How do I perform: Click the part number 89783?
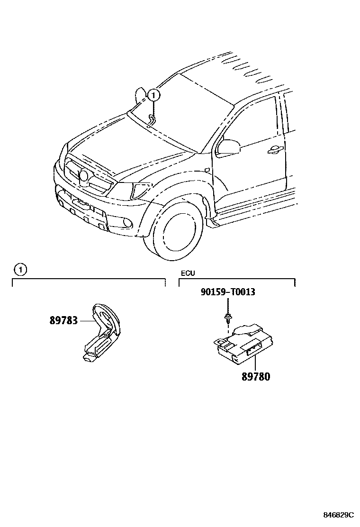pyautogui.click(x=63, y=321)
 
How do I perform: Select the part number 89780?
pyautogui.click(x=256, y=377)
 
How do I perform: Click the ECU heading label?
pyautogui.click(x=188, y=273)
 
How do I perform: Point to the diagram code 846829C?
pyautogui.click(x=339, y=515)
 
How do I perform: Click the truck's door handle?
pyautogui.click(x=274, y=150)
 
